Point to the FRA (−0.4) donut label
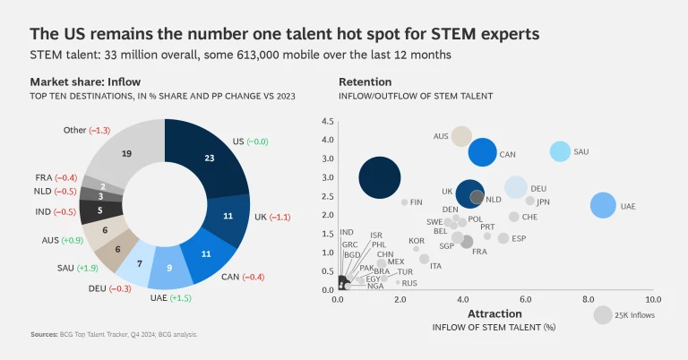coord(56,178)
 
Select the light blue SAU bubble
coord(560,151)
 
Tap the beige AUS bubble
coord(461,136)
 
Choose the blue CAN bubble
coord(481,151)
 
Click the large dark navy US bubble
coord(380,176)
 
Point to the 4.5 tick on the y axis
coord(327,121)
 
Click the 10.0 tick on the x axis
coord(652,299)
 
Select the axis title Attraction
coord(494,314)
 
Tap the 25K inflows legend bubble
coord(603,314)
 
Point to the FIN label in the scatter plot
coord(417,202)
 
